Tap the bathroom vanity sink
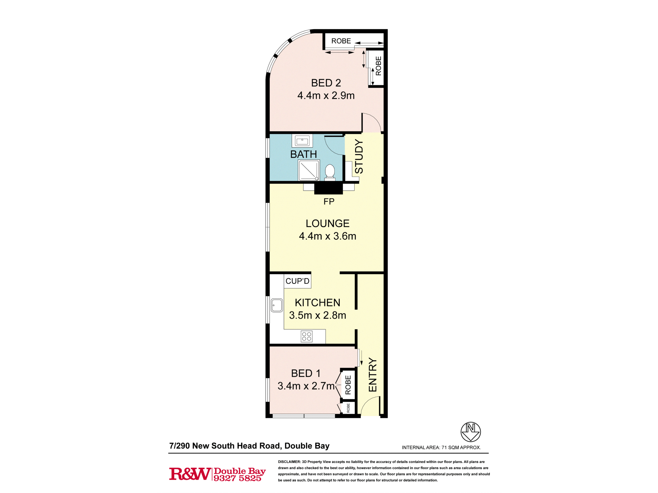(x=302, y=141)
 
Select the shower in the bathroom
(x=309, y=170)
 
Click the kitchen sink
(x=277, y=305)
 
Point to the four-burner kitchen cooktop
(x=307, y=336)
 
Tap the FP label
(x=329, y=201)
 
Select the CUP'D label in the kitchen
(x=297, y=281)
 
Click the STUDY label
(x=359, y=156)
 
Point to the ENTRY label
(x=372, y=375)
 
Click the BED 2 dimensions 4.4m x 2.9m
(x=326, y=96)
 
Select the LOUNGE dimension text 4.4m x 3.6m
(x=327, y=236)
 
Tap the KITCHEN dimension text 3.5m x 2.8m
(x=317, y=315)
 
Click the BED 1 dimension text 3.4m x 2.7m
(x=306, y=386)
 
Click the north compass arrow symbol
(x=470, y=432)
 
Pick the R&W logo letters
(x=190, y=474)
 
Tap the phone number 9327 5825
(x=237, y=478)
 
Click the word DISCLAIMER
(x=289, y=462)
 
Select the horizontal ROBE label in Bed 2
(x=341, y=41)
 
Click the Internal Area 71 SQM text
(x=441, y=447)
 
